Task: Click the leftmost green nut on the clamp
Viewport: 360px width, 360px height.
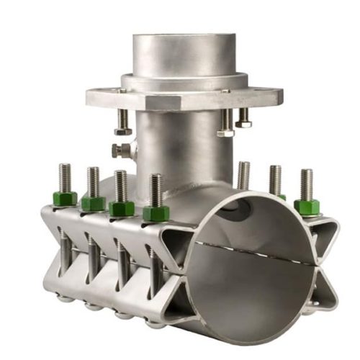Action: tap(65, 199)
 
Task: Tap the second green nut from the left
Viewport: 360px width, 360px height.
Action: tap(93, 204)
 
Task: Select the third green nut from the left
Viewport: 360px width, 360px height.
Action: tap(121, 209)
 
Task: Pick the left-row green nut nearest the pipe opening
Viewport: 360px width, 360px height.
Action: tap(156, 214)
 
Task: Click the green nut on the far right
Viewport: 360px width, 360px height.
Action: tap(307, 207)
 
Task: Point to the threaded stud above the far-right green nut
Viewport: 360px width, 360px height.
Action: tap(307, 184)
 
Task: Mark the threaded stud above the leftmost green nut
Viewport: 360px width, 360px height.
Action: tap(65, 177)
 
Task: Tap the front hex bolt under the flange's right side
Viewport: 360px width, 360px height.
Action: tap(225, 124)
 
